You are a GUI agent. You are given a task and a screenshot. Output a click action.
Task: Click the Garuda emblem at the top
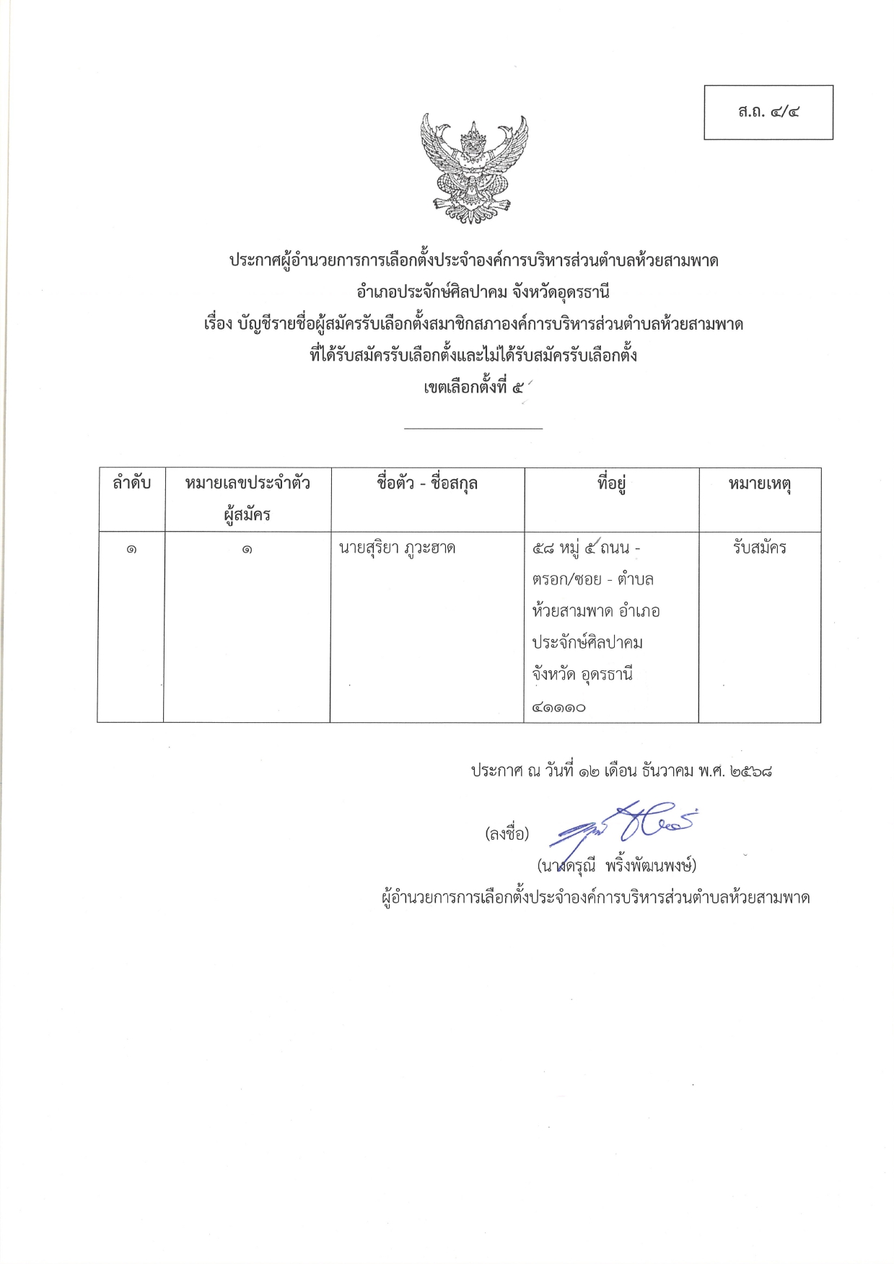tap(474, 168)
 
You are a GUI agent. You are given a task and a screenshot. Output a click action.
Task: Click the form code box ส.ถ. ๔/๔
tap(768, 113)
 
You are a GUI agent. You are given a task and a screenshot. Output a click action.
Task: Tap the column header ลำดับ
tap(131, 483)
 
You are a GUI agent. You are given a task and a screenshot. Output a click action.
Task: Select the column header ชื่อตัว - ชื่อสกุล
tap(427, 483)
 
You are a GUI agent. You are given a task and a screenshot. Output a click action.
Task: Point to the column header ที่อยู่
tap(611, 484)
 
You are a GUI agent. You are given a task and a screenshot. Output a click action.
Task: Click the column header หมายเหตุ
tap(760, 484)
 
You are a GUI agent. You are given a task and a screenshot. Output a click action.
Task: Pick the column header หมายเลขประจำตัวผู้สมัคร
tap(247, 499)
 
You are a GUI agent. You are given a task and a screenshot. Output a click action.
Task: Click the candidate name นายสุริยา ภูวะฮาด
tap(397, 548)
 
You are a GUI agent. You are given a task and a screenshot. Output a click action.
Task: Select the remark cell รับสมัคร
tap(759, 548)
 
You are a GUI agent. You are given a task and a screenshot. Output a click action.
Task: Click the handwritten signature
tap(624, 822)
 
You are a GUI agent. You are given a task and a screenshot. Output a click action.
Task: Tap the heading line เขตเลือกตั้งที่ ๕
tap(474, 387)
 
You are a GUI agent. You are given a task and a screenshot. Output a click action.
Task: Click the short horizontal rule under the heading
tap(473, 429)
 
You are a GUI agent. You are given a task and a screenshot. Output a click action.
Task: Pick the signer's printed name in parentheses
tap(617, 865)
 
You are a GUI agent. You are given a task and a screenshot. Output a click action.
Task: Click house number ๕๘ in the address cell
tap(543, 548)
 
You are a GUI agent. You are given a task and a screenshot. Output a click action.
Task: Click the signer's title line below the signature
tap(595, 897)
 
